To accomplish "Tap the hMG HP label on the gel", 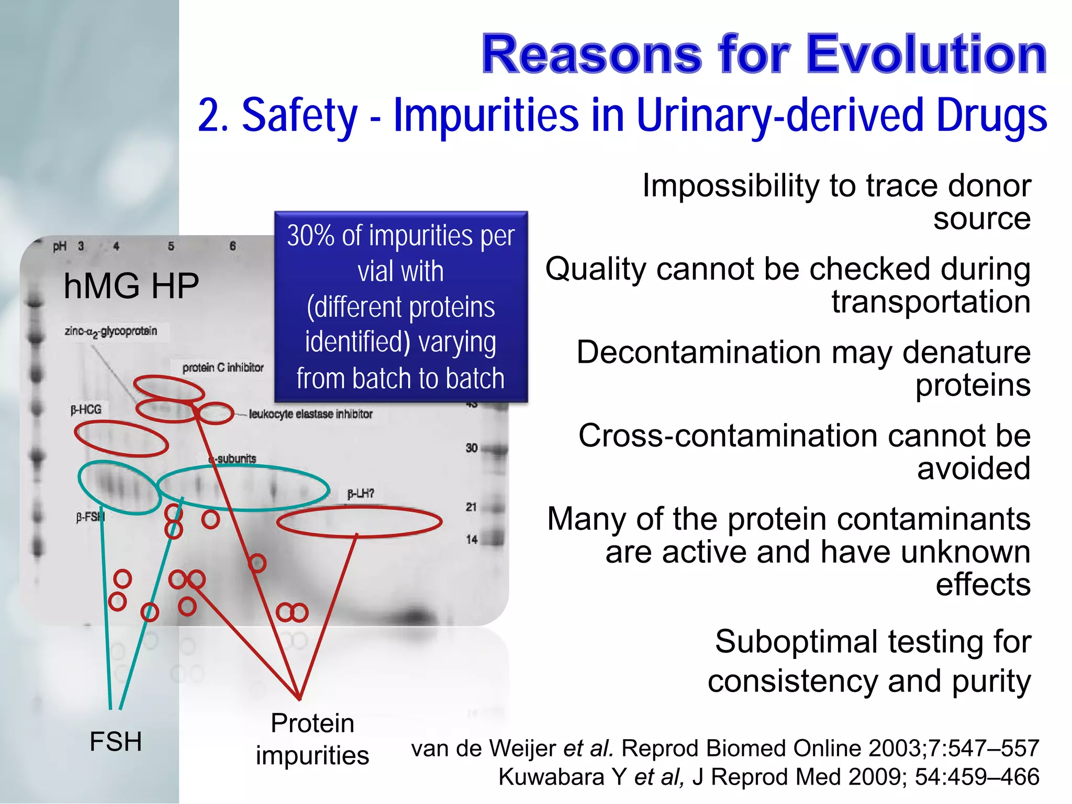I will pyautogui.click(x=131, y=286).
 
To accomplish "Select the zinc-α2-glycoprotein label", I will pyautogui.click(x=111, y=331).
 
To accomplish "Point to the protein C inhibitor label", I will pyautogui.click(x=222, y=367).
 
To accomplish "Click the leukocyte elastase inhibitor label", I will pyautogui.click(x=310, y=414).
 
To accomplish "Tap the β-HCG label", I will pyautogui.click(x=86, y=409).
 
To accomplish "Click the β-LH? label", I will pyautogui.click(x=361, y=494).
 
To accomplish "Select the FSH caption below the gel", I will pyautogui.click(x=116, y=741).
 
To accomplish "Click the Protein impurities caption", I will pyautogui.click(x=312, y=739).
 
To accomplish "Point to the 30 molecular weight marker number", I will pyautogui.click(x=472, y=448).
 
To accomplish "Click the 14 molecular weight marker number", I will pyautogui.click(x=472, y=539).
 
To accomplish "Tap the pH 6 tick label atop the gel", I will pyautogui.click(x=232, y=246).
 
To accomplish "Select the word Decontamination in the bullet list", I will pyautogui.click(x=699, y=352).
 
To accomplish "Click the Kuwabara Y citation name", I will pyautogui.click(x=562, y=777).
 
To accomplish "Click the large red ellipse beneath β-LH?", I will pyautogui.click(x=359, y=522).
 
